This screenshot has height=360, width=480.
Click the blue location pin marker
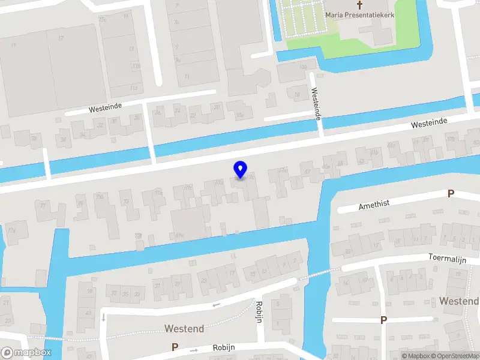(240, 169)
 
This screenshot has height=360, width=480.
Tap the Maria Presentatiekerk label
(359, 14)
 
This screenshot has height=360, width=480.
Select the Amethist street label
(374, 204)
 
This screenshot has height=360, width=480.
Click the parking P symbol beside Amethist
(450, 193)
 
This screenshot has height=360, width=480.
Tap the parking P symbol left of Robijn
(175, 347)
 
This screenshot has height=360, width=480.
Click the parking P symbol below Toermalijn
(383, 320)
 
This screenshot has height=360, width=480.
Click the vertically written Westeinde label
(314, 103)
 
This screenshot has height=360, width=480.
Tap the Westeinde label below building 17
(105, 107)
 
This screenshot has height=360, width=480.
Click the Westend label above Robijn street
(184, 329)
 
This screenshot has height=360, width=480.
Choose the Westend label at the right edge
(458, 300)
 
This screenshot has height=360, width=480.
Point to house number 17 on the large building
(61, 38)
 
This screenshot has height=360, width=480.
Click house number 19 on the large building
(13, 45)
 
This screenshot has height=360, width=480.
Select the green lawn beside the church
(312, 42)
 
